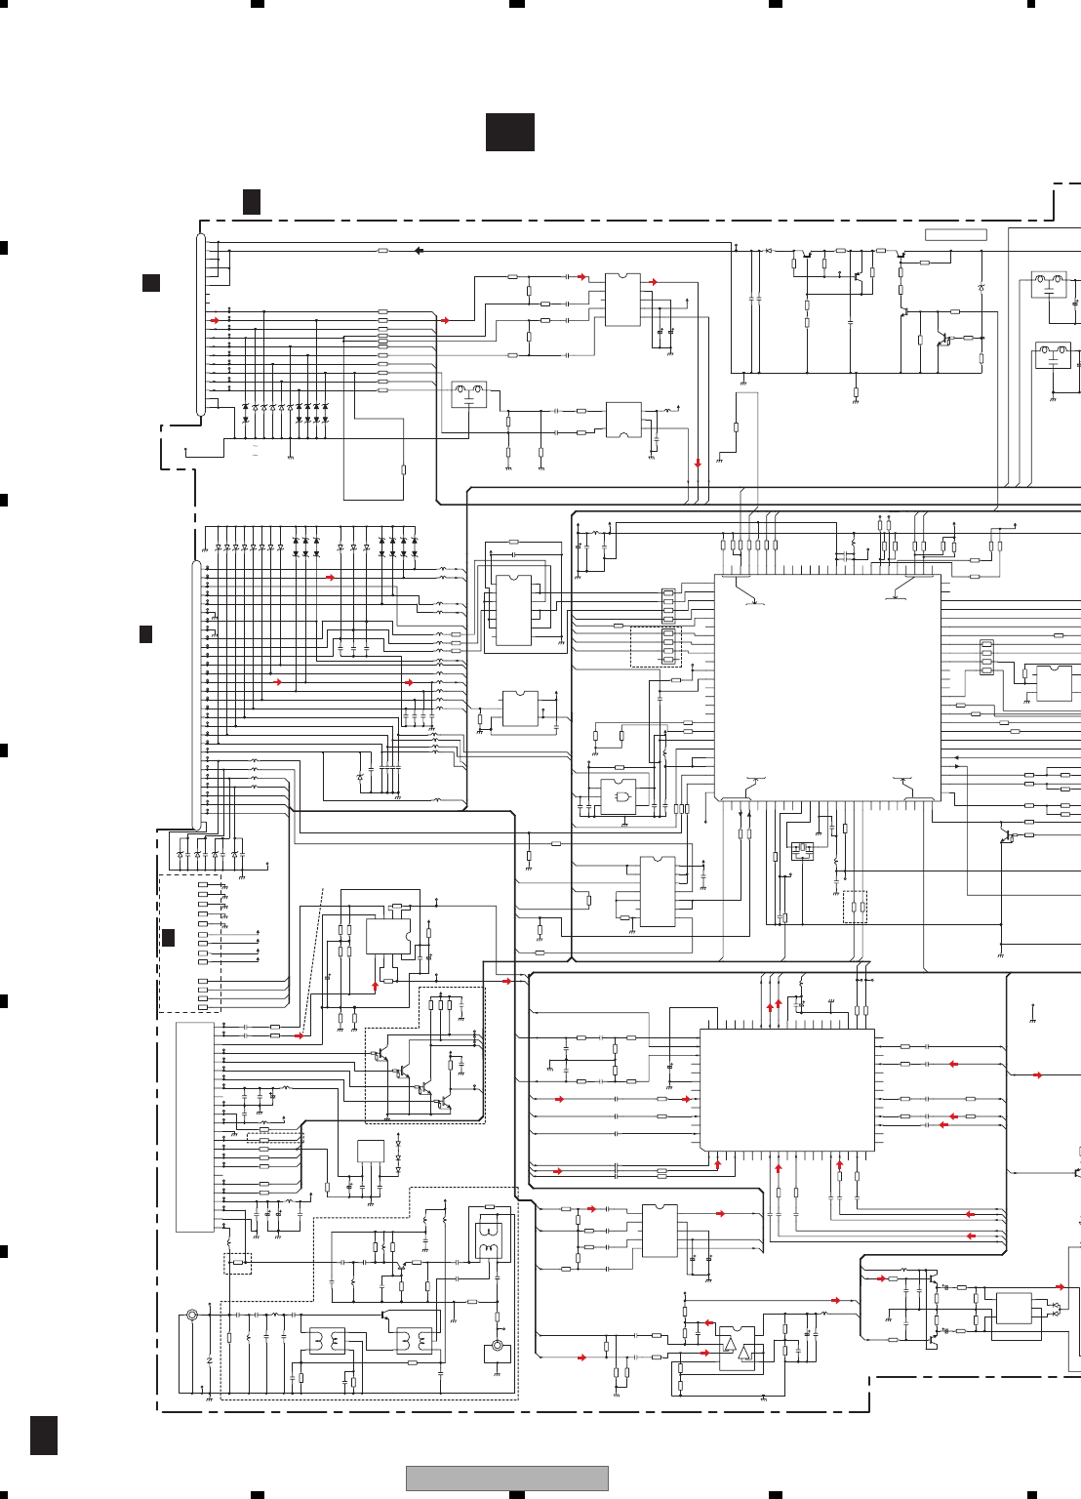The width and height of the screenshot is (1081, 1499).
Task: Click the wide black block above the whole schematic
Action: pyautogui.click(x=509, y=132)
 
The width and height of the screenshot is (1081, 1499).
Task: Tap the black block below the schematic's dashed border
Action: pyautogui.click(x=43, y=1435)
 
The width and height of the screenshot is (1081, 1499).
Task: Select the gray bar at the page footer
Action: pyautogui.click(x=506, y=1478)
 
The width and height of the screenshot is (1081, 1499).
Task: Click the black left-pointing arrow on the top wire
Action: pyautogui.click(x=419, y=251)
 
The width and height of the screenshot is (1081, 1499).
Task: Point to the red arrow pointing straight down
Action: pyautogui.click(x=698, y=463)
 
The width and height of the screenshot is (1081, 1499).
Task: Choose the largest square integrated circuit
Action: pyautogui.click(x=827, y=687)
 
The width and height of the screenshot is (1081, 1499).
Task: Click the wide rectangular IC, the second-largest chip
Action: pyautogui.click(x=786, y=1089)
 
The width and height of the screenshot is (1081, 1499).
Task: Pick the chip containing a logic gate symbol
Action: pyautogui.click(x=619, y=797)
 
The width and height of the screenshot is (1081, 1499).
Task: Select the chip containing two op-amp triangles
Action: pyautogui.click(x=737, y=1349)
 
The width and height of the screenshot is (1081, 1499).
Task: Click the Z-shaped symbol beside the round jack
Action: pyautogui.click(x=210, y=1360)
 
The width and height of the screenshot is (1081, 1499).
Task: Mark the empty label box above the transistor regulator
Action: pyautogui.click(x=955, y=234)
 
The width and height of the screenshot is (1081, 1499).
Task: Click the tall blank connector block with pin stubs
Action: pyautogui.click(x=194, y=1127)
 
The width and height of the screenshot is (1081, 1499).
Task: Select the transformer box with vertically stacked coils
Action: pyautogui.click(x=488, y=1240)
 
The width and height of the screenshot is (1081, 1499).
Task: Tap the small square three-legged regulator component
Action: pyautogui.click(x=371, y=1151)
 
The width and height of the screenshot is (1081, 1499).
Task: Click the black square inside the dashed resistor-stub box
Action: pyautogui.click(x=168, y=938)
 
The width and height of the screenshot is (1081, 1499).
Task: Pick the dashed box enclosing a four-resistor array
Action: pyautogui.click(x=656, y=646)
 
